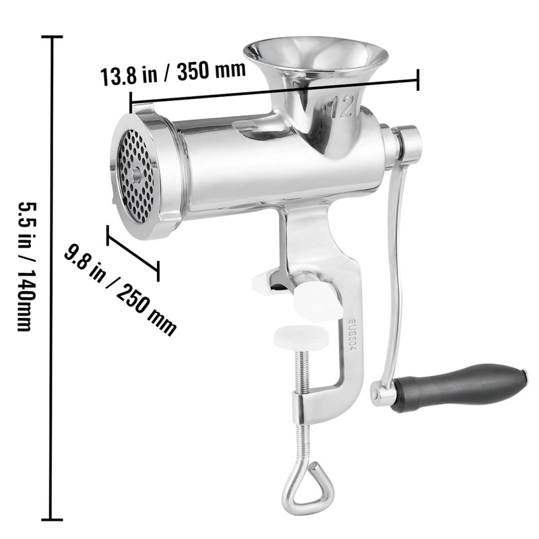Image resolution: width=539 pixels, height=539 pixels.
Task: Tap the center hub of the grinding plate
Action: pyautogui.click(x=137, y=174)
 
